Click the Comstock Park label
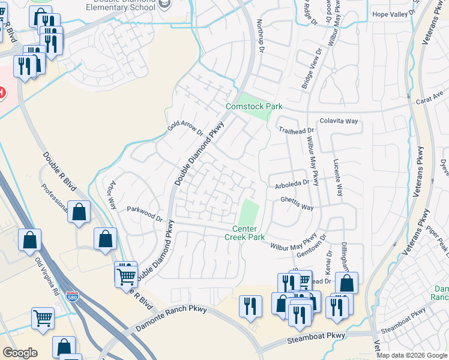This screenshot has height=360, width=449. coord(254,107)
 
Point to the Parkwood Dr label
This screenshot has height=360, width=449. coord(145,214)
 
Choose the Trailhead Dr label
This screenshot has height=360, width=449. coord(296,130)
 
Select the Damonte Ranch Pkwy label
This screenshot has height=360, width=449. coord(171,319)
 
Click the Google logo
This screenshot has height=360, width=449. coord(20,353)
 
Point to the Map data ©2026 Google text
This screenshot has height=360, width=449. coord(411,355)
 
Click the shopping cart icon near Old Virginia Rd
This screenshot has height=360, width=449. coord(43,318)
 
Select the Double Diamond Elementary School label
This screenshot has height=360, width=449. coord(125,7)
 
